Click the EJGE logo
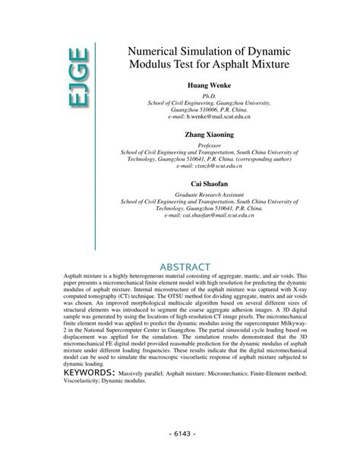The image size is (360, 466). (x=77, y=77)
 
